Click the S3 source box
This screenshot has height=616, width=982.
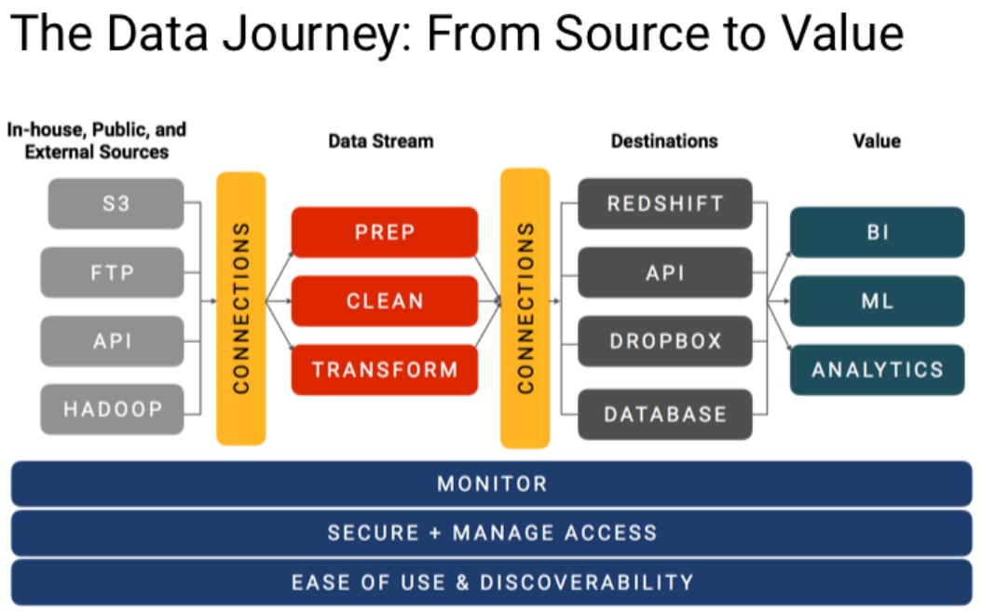pyautogui.click(x=116, y=204)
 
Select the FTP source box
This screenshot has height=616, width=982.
pyautogui.click(x=112, y=273)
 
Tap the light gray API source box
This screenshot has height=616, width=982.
pyautogui.click(x=112, y=341)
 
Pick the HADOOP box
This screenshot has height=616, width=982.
pyautogui.click(x=112, y=409)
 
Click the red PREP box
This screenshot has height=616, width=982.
pyautogui.click(x=385, y=232)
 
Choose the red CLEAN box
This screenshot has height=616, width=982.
pyautogui.click(x=385, y=301)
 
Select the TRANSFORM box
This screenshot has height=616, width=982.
pyautogui.click(x=385, y=370)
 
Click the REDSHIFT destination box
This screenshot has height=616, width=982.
pyautogui.click(x=665, y=204)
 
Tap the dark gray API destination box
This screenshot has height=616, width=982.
pyautogui.click(x=665, y=273)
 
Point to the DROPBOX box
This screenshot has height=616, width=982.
pyautogui.click(x=665, y=341)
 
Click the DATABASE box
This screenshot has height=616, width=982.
pyautogui.click(x=665, y=414)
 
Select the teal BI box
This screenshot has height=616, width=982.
pyautogui.click(x=878, y=232)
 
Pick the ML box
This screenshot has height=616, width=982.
pyautogui.click(x=878, y=301)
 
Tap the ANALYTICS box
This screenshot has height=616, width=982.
pyautogui.click(x=878, y=370)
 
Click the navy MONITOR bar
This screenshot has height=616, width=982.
pyautogui.click(x=492, y=484)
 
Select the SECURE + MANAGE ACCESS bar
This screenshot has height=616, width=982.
pyautogui.click(x=492, y=533)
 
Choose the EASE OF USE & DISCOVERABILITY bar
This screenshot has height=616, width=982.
pyautogui.click(x=492, y=582)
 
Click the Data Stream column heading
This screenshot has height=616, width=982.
pyautogui.click(x=381, y=141)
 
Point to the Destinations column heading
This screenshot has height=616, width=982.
pyautogui.click(x=664, y=141)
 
